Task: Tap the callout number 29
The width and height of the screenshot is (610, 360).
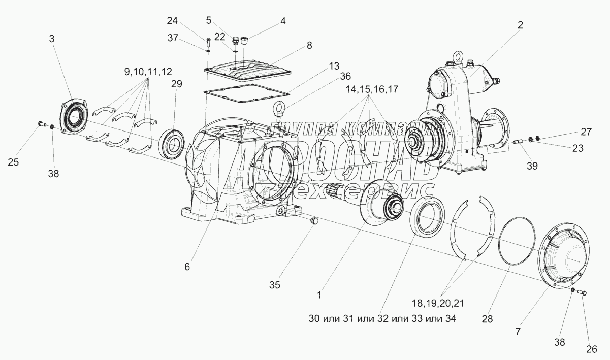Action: pos(176,84)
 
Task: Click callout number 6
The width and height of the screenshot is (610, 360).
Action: pos(187,267)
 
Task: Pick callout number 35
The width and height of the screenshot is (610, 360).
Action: pos(274,285)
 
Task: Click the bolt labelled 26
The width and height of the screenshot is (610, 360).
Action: pos(583,292)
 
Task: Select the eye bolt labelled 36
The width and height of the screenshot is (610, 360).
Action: pos(279,109)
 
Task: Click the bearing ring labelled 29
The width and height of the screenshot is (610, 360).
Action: pos(173,142)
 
